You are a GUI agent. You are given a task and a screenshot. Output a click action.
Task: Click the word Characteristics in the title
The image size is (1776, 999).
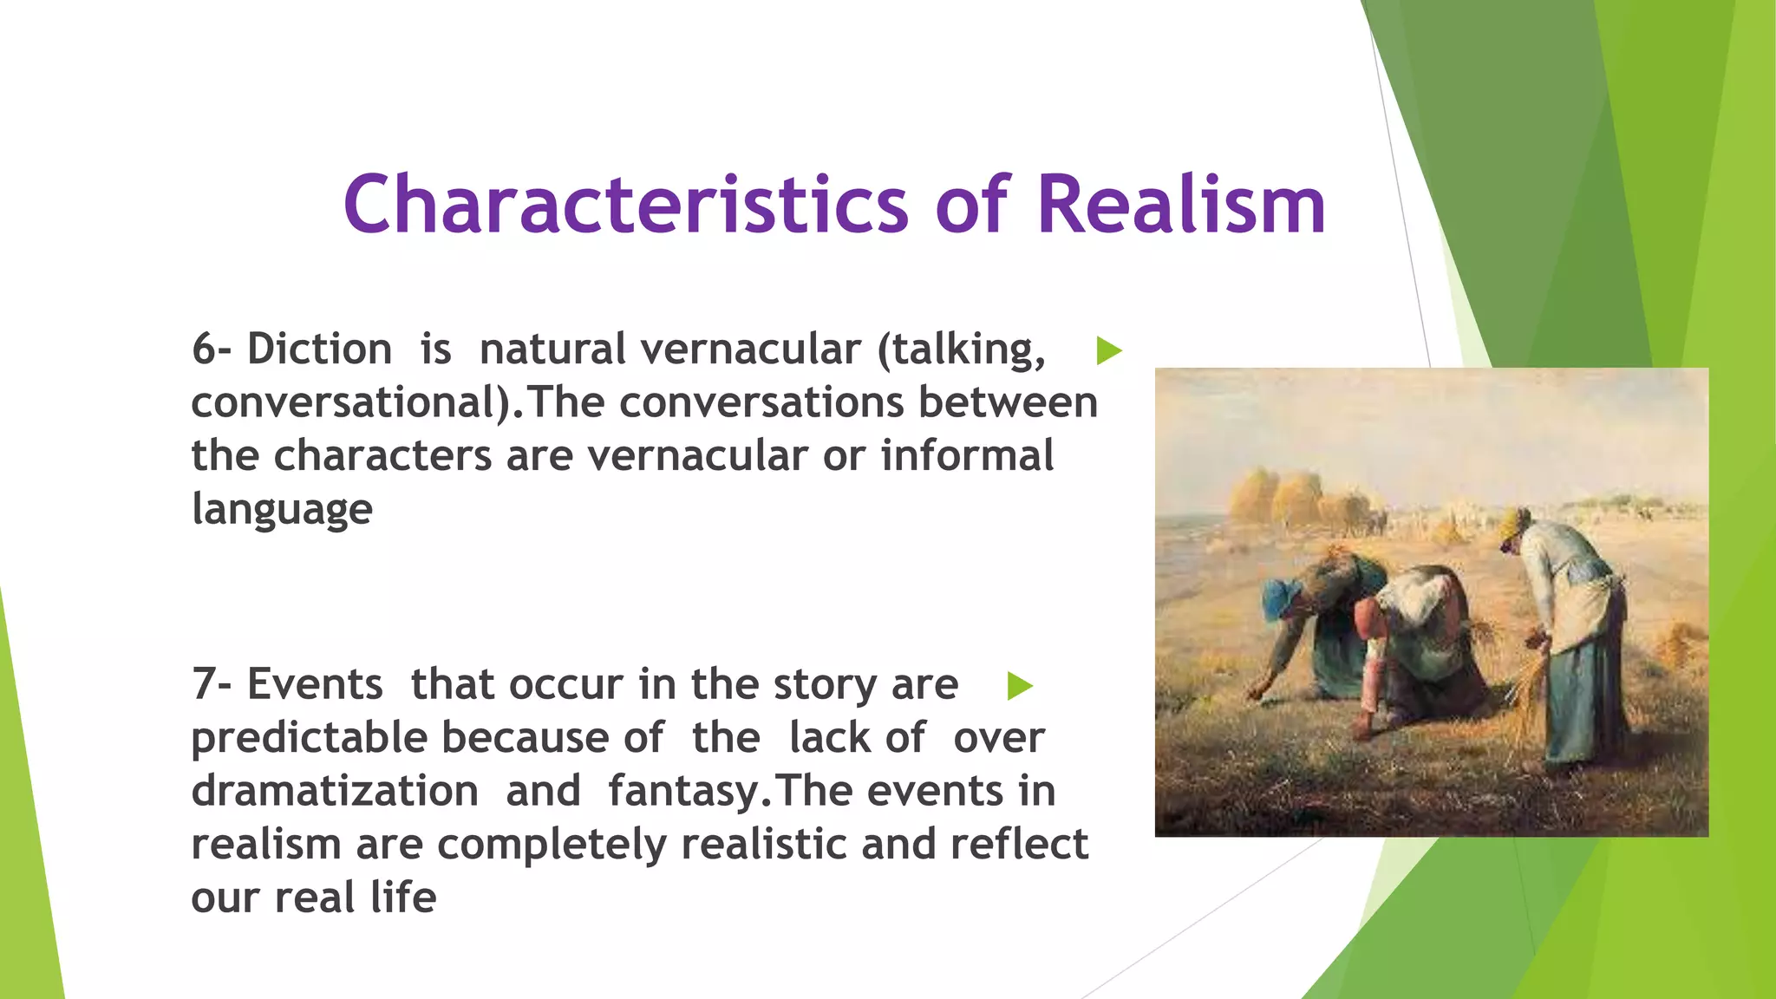625,205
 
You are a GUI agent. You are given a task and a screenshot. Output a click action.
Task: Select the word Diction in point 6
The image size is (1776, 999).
319,349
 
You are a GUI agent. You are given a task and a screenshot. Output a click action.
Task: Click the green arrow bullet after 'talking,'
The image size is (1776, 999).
1108,350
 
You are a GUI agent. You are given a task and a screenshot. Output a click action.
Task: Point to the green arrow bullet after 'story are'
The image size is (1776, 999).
1020,686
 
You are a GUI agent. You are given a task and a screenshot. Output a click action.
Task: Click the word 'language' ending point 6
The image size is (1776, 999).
282,509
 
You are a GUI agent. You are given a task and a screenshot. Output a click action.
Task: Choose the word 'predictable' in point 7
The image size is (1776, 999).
310,738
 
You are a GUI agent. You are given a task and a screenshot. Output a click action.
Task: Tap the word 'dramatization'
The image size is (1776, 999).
335,791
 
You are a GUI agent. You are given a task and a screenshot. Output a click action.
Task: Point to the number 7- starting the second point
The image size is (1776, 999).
212,684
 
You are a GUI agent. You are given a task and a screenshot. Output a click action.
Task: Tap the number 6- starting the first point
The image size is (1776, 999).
212,349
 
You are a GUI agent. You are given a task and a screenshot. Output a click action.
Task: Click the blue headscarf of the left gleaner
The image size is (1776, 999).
1280,596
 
